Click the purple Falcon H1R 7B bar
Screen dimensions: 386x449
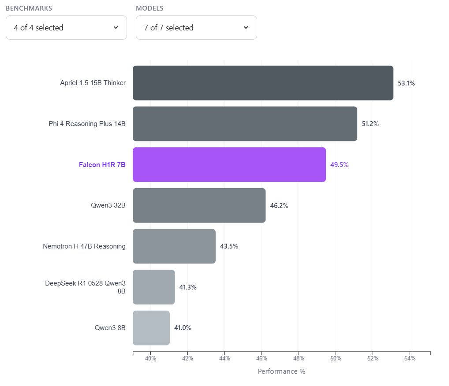click(x=229, y=164)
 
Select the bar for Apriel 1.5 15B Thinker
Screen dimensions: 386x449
click(x=263, y=83)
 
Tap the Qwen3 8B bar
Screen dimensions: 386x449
click(x=151, y=328)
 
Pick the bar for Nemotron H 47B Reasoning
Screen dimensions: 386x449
click(x=174, y=246)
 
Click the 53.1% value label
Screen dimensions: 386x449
click(x=406, y=83)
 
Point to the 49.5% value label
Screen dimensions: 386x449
click(x=339, y=165)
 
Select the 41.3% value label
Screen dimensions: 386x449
click(x=187, y=287)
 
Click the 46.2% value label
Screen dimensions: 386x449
click(x=279, y=206)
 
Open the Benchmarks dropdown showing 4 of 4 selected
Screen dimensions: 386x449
click(x=66, y=28)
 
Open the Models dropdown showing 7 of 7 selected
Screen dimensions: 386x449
click(x=196, y=28)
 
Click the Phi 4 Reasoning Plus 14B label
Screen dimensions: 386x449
click(x=87, y=124)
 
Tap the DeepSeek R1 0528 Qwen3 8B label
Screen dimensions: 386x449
click(x=85, y=287)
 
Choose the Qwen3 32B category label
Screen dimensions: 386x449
click(x=108, y=205)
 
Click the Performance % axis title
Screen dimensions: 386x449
click(x=281, y=371)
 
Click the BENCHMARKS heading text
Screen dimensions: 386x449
click(x=29, y=8)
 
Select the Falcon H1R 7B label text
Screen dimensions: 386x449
click(x=102, y=165)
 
